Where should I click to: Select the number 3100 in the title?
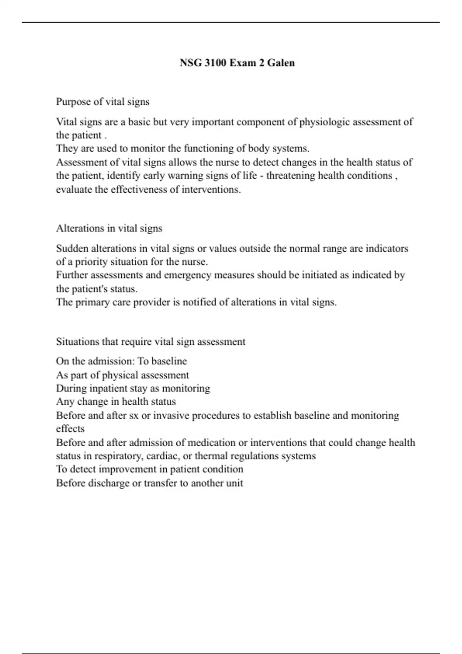point(215,63)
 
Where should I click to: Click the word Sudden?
point(72,249)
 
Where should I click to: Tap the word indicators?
point(387,249)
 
